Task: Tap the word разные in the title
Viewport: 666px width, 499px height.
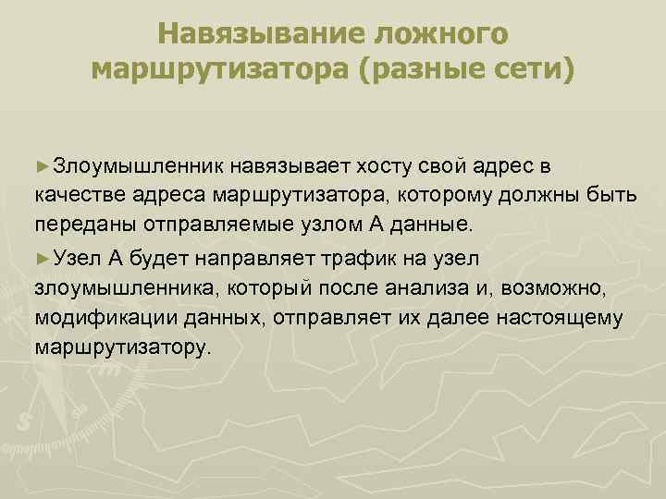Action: coord(411,69)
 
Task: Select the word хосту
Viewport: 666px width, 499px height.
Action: coord(386,167)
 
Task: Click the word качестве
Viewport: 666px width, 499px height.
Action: coord(70,197)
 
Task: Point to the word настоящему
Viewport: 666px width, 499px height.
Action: coord(565,318)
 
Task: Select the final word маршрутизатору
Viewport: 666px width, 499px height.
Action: coord(123,348)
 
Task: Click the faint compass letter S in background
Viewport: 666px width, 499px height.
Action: coord(25,420)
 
